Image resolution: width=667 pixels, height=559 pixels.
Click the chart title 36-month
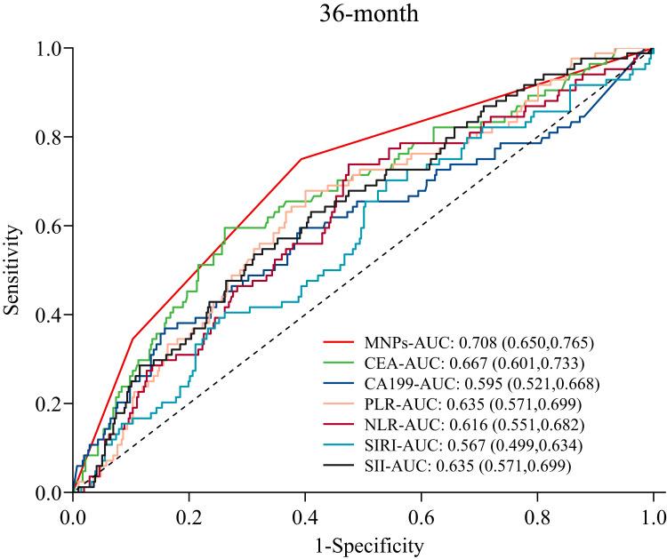click(x=364, y=14)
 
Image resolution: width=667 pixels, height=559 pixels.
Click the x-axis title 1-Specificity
click(x=364, y=541)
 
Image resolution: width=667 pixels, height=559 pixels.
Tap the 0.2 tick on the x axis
click(x=189, y=515)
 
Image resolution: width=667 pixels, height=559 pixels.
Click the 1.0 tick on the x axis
click(x=654, y=515)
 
